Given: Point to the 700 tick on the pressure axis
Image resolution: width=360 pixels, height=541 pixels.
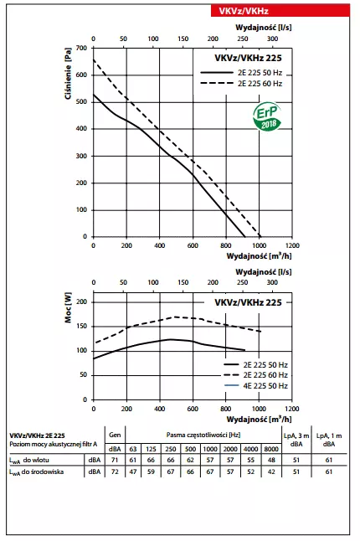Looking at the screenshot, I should click(x=81, y=49).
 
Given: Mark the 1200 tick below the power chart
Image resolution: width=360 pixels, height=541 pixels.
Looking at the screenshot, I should click(x=293, y=408).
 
